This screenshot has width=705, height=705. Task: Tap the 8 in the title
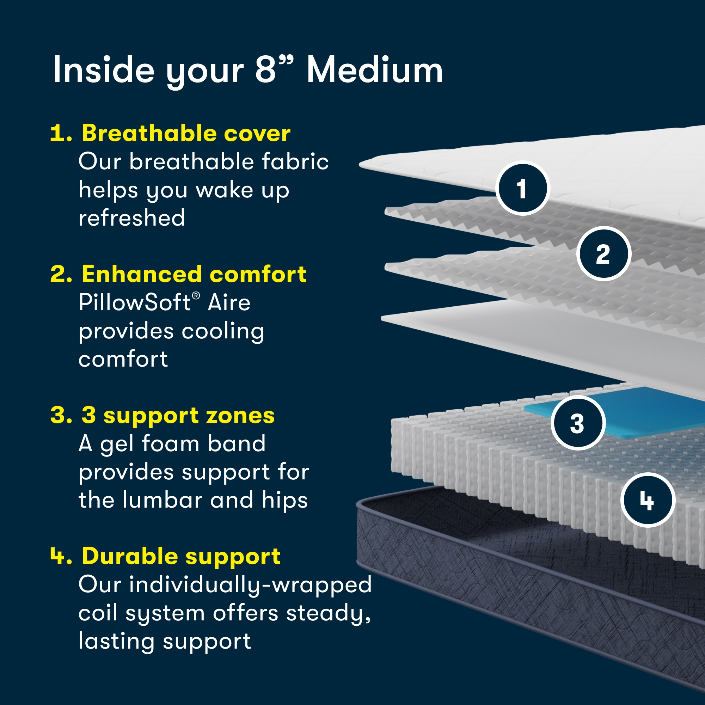[x=265, y=70]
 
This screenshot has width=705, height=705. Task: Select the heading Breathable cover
[x=186, y=133]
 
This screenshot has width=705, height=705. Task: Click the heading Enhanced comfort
[x=194, y=274]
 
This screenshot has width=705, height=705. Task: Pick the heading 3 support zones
[x=178, y=415]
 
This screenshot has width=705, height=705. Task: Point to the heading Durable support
[x=181, y=556]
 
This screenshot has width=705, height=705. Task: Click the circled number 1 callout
[x=522, y=188]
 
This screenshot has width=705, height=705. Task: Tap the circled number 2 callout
[x=603, y=254]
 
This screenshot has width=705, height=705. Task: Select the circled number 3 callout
[x=578, y=423]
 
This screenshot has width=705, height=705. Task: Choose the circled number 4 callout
[x=647, y=500]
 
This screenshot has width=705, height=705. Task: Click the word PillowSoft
[x=134, y=302]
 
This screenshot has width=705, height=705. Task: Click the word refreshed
[x=132, y=218]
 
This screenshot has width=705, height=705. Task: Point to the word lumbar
[x=163, y=500]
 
